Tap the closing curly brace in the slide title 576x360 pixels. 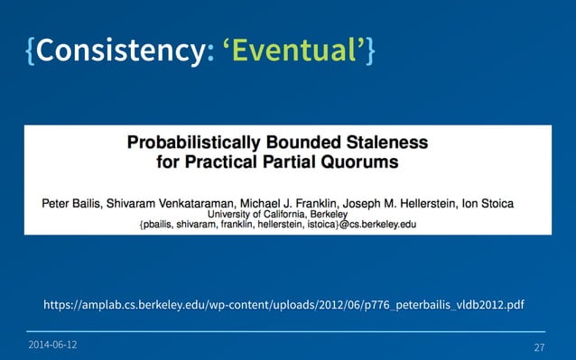coord(370,54)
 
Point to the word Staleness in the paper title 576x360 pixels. coord(384,143)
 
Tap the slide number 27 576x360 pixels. coord(539,347)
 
